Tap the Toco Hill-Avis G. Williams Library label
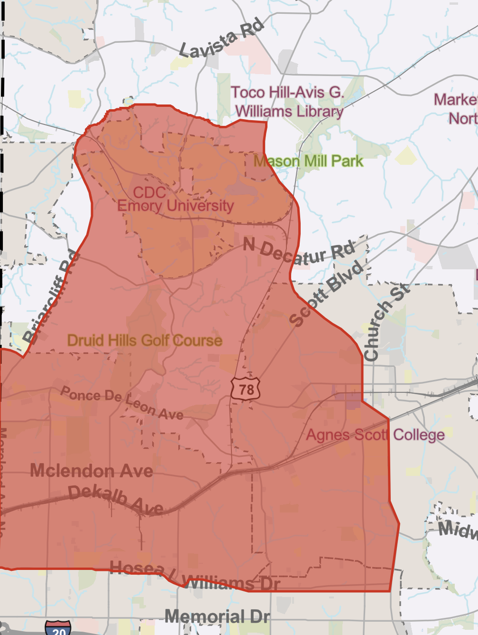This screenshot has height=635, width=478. [x=288, y=102]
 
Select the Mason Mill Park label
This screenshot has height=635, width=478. [x=308, y=161]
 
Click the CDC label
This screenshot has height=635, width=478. [x=149, y=192]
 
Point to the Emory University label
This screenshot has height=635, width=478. [x=175, y=206]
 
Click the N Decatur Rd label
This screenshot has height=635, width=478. [x=299, y=252]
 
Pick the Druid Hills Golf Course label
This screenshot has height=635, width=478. [x=145, y=340]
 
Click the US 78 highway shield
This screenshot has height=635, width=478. [x=246, y=389]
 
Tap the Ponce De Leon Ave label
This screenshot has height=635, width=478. [x=122, y=403]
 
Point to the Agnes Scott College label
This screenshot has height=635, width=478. [x=375, y=435]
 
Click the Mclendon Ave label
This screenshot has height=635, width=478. [x=92, y=471]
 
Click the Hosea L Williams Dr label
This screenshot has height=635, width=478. [x=195, y=575]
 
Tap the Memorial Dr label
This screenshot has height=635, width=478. [x=217, y=616]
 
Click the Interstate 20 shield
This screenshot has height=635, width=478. [x=58, y=628]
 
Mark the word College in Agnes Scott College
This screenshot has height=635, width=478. [x=419, y=435]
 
